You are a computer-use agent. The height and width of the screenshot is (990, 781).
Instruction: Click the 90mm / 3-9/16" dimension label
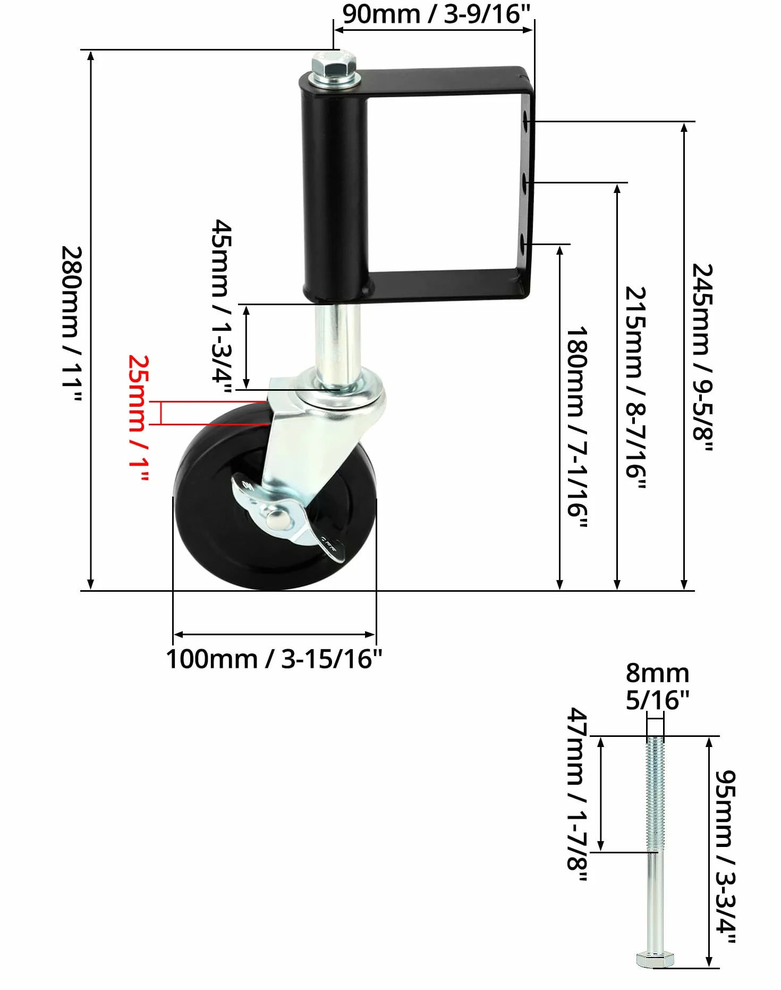point(436,14)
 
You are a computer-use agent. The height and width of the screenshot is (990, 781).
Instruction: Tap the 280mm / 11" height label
point(71,324)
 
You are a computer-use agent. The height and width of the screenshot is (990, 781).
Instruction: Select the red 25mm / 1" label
point(138,418)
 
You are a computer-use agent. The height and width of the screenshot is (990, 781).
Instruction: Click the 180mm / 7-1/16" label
point(577,427)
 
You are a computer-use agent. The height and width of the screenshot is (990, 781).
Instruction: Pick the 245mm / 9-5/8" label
point(702,357)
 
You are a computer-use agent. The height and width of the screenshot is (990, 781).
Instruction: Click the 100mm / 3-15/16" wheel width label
point(274,659)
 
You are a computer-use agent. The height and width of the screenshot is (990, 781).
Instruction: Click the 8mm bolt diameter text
point(657,673)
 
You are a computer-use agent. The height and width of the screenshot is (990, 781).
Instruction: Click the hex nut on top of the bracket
point(335,65)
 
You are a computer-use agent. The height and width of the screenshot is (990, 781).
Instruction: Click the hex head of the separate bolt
point(655,959)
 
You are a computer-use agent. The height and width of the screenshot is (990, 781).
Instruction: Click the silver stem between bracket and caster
point(337,340)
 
